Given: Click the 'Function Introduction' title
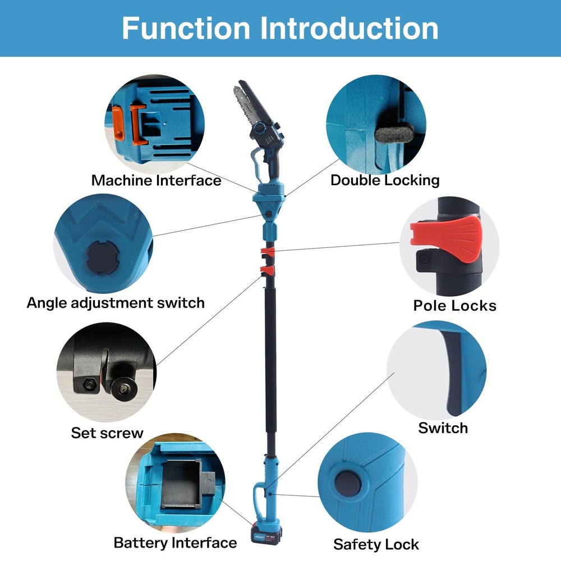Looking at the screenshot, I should tap(280, 28).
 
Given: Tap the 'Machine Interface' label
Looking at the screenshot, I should tap(156, 181).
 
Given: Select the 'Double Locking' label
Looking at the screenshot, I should tap(385, 181).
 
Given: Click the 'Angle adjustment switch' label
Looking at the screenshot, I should tap(116, 303).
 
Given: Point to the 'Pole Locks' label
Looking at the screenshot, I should tap(454, 306).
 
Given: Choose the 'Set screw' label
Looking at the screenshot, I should tap(107, 433).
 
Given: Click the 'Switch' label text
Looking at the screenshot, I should tap(443, 428).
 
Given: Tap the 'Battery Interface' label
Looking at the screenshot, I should tap(175, 542).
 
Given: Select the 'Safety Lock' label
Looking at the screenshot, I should tap(376, 544).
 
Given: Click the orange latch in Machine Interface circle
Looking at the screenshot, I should tap(118, 122).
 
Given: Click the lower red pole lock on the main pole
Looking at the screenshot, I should tap(267, 272).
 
